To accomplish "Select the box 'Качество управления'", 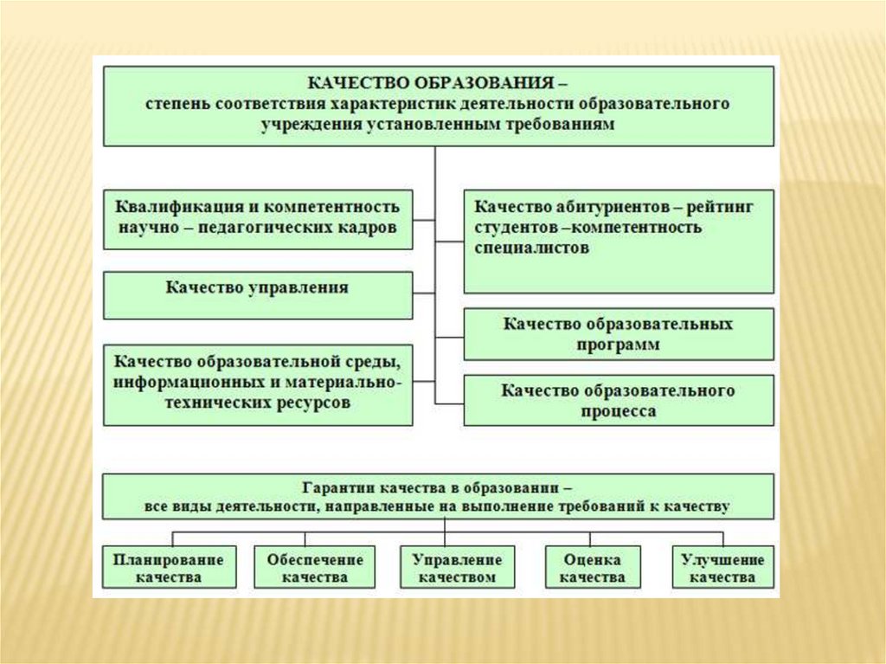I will pyautogui.click(x=258, y=288).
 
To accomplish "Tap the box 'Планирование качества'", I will pyautogui.click(x=168, y=568).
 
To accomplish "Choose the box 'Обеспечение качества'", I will pyautogui.click(x=315, y=568).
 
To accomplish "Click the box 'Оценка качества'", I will pyautogui.click(x=593, y=568).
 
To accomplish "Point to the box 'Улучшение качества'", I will pyautogui.click(x=723, y=568).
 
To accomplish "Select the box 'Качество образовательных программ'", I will pyautogui.click(x=619, y=334).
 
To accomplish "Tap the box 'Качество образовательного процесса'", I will pyautogui.click(x=619, y=400).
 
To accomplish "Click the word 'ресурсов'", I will pyautogui.click(x=316, y=403).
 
